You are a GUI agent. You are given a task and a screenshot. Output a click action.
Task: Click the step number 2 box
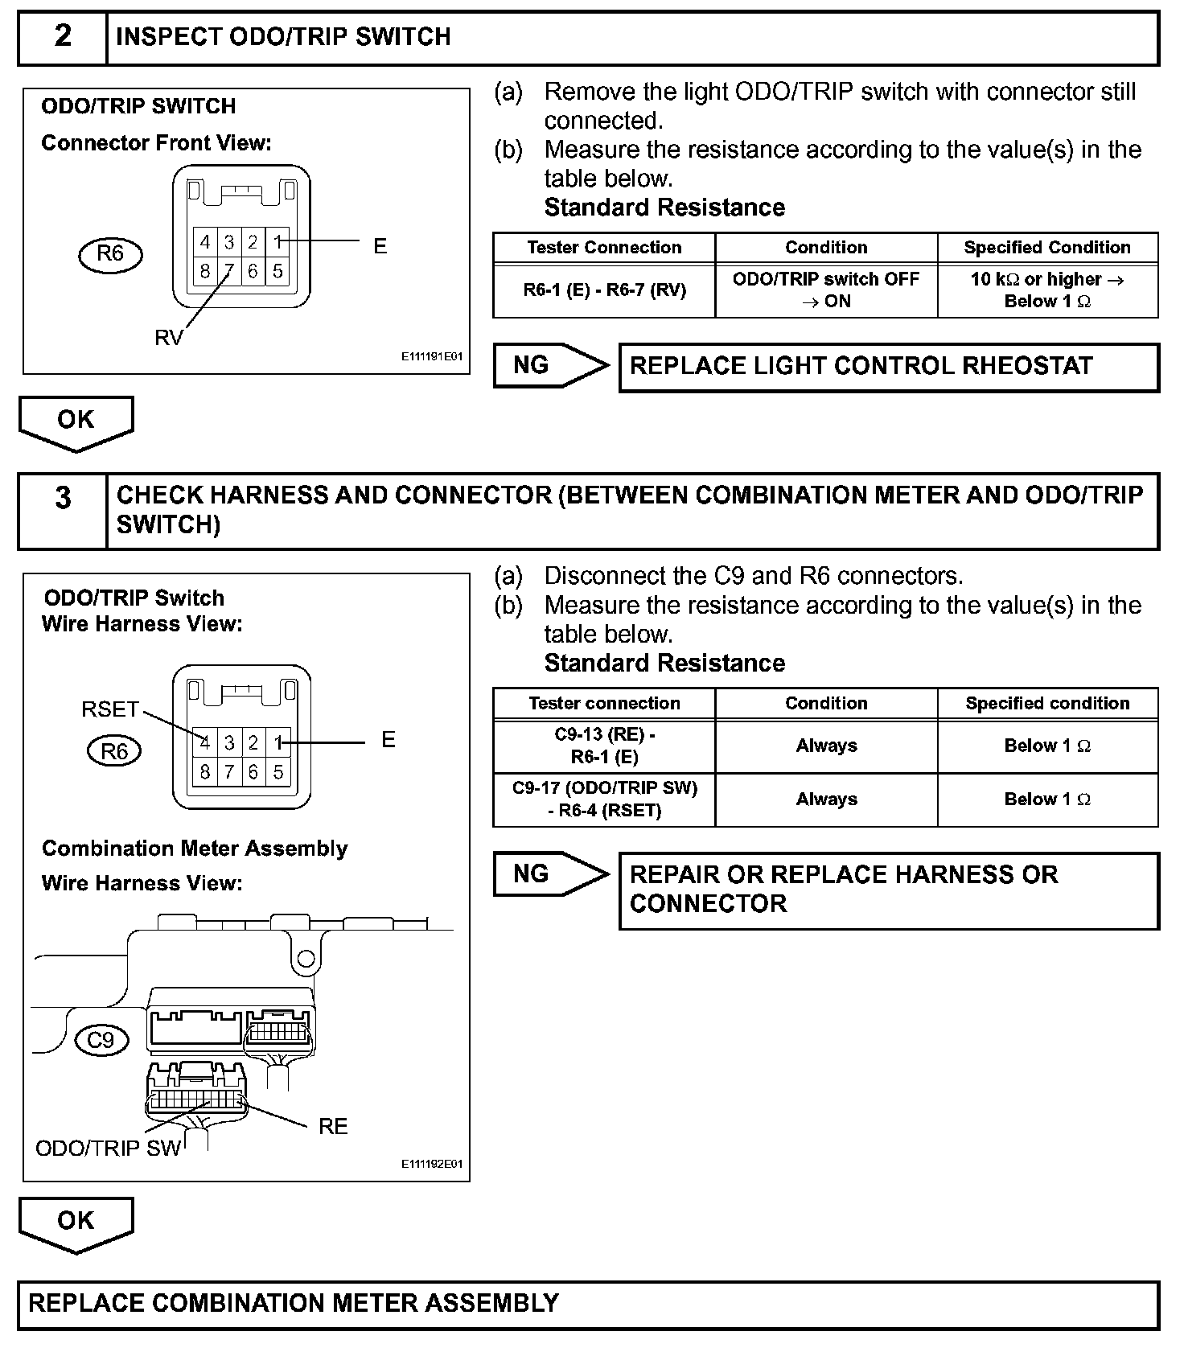point(63,37)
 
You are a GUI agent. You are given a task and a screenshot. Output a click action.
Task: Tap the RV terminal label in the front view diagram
point(168,339)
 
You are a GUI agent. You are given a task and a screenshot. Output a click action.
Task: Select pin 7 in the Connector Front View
point(229,271)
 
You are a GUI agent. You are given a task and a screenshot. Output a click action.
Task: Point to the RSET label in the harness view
point(110,709)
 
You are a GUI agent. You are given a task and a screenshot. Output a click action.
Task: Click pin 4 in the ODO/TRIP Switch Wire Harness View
point(205,742)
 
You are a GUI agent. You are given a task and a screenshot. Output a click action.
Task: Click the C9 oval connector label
point(101,1041)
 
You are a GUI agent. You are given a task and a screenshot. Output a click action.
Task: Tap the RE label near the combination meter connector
point(333,1127)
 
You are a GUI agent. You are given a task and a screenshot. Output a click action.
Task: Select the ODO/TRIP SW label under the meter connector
point(108,1149)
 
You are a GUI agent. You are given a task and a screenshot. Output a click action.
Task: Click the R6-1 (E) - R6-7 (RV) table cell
point(604,290)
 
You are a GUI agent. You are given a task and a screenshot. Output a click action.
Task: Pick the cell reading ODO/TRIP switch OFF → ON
point(826,290)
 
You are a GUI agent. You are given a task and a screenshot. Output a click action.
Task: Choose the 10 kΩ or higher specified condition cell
point(1047,290)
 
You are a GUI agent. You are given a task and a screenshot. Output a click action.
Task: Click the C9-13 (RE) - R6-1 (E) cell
point(604,746)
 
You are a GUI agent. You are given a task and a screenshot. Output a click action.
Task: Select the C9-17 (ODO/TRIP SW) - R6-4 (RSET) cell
point(604,799)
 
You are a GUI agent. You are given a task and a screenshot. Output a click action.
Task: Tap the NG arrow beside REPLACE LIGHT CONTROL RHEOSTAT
point(549,366)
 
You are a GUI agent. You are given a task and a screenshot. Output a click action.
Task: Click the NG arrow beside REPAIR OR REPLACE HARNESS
point(549,874)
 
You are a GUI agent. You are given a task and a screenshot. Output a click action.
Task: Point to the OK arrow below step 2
point(76,421)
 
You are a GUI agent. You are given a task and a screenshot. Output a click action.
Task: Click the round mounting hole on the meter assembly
point(306,959)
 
